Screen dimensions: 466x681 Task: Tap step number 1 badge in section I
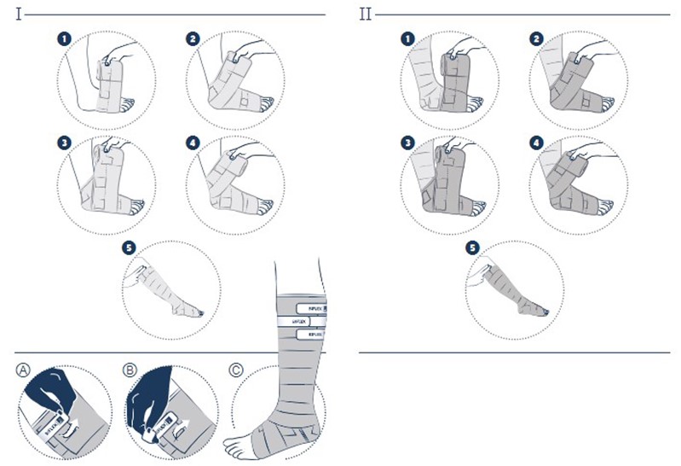63,39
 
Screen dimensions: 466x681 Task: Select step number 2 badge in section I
193,39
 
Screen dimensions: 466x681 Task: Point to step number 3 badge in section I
63,142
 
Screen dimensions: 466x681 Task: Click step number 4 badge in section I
193,142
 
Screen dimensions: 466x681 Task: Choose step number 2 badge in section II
536,39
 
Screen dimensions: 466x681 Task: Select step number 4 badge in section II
536,142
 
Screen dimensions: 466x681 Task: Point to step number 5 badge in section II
473,247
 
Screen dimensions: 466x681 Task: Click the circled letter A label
23,370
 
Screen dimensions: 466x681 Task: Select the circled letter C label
236,370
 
